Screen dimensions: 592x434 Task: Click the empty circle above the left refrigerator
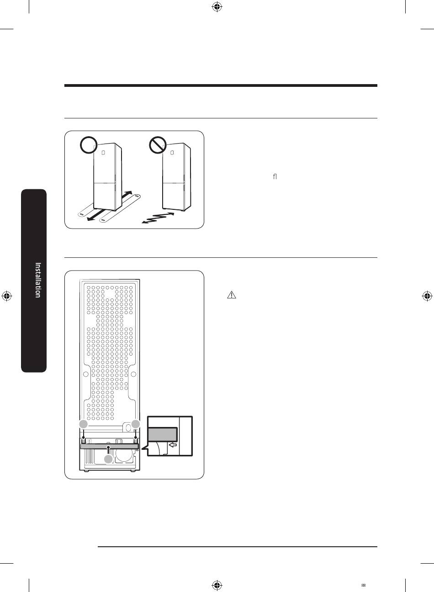point(88,146)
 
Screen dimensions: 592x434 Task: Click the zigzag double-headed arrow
point(158,218)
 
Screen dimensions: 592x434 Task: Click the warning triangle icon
point(231,295)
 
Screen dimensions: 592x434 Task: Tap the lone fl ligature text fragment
point(275,176)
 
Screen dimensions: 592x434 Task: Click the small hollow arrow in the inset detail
point(172,444)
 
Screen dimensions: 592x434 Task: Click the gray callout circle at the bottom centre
point(108,459)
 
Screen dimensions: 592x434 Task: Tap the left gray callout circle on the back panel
point(83,424)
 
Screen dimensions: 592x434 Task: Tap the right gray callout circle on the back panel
point(136,424)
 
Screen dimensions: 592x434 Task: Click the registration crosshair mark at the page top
point(217,7)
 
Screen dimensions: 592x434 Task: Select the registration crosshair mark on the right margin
point(426,296)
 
